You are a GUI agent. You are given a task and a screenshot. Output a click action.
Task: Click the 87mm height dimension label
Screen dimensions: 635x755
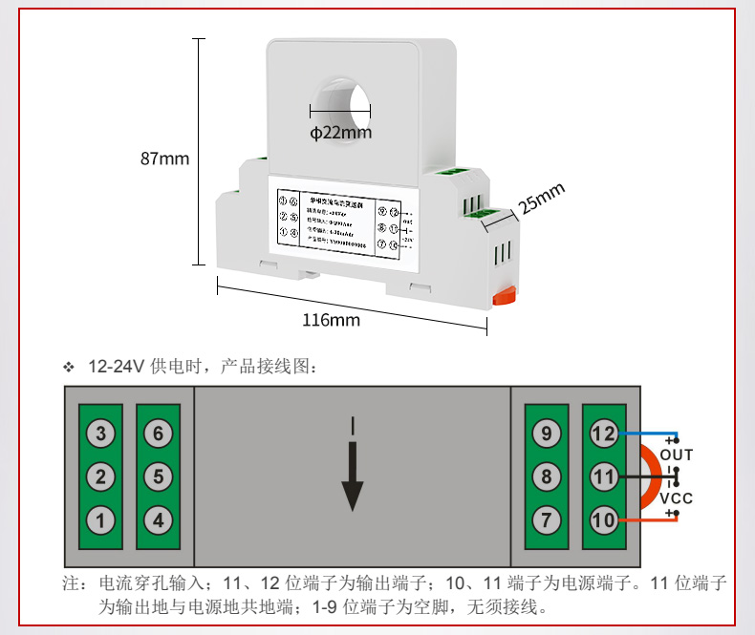[x=164, y=159]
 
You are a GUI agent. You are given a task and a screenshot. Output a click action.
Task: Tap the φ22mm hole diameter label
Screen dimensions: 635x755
[x=340, y=133]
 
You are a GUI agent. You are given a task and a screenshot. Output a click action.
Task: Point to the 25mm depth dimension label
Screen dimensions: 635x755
[x=542, y=200]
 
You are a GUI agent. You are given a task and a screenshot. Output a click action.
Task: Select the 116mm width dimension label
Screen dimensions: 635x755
[x=331, y=320]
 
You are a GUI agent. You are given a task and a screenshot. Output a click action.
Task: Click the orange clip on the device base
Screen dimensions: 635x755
[x=504, y=297]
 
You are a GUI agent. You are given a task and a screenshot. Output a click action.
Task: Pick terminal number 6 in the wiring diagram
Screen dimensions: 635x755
[x=159, y=434]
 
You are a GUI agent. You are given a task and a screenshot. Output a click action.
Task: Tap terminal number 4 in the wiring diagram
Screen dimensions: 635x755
[x=159, y=521]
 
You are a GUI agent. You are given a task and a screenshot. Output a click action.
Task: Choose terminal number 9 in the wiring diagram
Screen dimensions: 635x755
[x=546, y=434]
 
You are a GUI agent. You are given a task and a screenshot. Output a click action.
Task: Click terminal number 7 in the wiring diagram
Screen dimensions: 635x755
[x=546, y=521]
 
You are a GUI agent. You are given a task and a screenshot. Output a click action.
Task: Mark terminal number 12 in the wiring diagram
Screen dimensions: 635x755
[x=604, y=434]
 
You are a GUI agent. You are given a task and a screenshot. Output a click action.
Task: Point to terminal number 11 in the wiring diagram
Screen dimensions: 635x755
[x=604, y=476]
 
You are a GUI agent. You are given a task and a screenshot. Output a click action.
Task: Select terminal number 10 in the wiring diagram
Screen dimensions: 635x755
[x=604, y=521]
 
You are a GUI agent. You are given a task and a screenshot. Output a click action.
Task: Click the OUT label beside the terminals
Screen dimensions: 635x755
[x=677, y=455]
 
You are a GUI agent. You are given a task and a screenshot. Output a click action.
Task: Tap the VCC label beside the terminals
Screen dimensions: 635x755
[x=677, y=498]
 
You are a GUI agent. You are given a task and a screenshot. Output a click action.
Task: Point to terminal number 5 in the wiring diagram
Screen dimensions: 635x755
[x=159, y=476]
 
